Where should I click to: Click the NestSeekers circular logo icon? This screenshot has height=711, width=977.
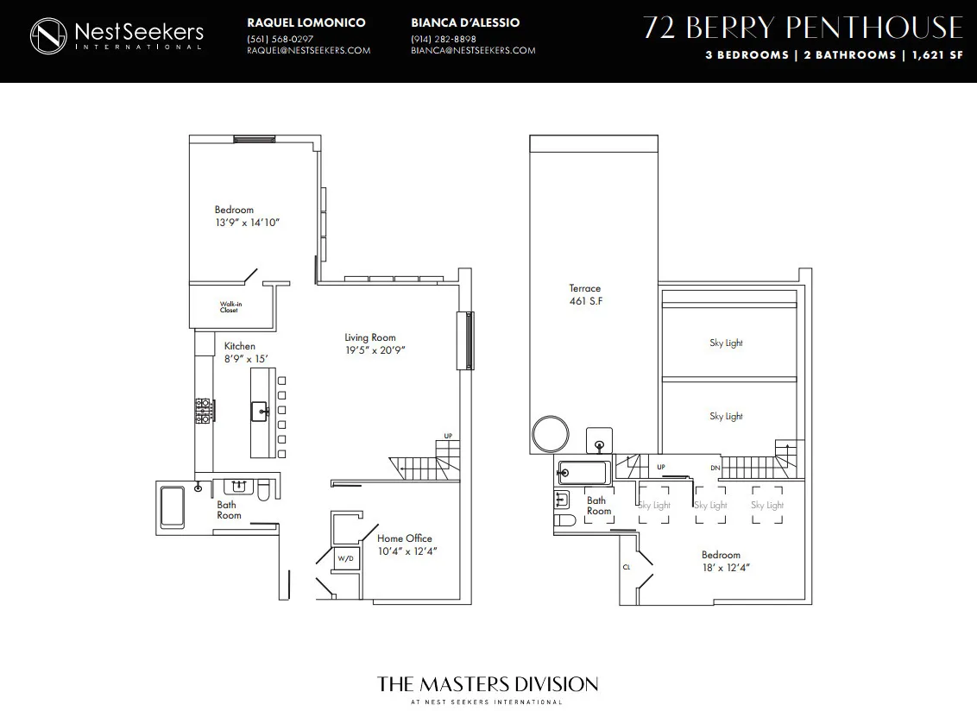point(49,35)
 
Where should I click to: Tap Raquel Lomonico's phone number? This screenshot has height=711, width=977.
point(280,39)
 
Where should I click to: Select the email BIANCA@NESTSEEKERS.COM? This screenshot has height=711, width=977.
point(473,50)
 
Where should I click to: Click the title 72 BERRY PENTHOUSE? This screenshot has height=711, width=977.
point(803,28)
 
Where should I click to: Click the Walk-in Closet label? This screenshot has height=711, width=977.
point(229,306)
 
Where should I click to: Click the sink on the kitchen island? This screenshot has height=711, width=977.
point(259,411)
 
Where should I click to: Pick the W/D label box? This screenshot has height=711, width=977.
point(345,558)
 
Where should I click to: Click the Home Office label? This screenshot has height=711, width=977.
point(404,538)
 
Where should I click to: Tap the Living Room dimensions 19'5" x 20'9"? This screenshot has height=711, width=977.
point(375,350)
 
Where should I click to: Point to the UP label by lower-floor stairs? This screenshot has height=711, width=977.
point(448,436)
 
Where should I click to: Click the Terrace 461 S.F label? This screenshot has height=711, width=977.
point(584,295)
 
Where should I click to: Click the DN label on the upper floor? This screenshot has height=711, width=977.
point(715,467)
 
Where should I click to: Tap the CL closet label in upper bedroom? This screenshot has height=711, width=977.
point(627,567)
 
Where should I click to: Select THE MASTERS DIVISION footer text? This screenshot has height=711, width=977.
point(488,684)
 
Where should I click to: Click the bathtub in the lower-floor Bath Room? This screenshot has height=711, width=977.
point(173,507)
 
